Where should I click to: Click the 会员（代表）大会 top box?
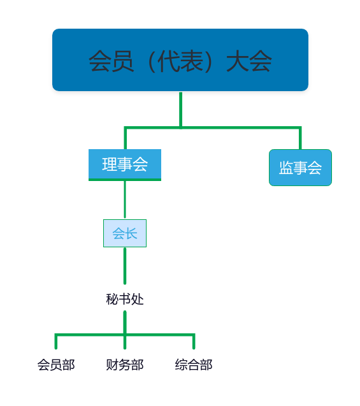pos(180,60)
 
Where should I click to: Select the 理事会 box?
pos(125,165)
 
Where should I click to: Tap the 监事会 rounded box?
pos(300,168)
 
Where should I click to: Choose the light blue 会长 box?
pos(125,233)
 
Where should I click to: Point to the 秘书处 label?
pos(125,299)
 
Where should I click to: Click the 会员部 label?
pos(56,365)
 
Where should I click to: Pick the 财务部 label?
pos(125,365)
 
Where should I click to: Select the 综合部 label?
pos(194,365)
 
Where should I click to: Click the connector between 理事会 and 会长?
pos(125,199)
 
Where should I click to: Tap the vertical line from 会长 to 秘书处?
pos(125,266)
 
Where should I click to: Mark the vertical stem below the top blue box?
pos(181,110)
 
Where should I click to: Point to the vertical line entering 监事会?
pos(300,138)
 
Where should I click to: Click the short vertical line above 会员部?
pos(56,342)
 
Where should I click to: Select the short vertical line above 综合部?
pos(194,342)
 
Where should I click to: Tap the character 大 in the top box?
pos(237,61)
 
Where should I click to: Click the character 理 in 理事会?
pos(110,164)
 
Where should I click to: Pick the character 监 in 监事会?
pos(286,168)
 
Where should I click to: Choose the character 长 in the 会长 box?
pos(131,233)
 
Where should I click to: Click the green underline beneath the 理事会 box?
pos(125,180)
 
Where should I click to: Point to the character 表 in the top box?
pos(192,61)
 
